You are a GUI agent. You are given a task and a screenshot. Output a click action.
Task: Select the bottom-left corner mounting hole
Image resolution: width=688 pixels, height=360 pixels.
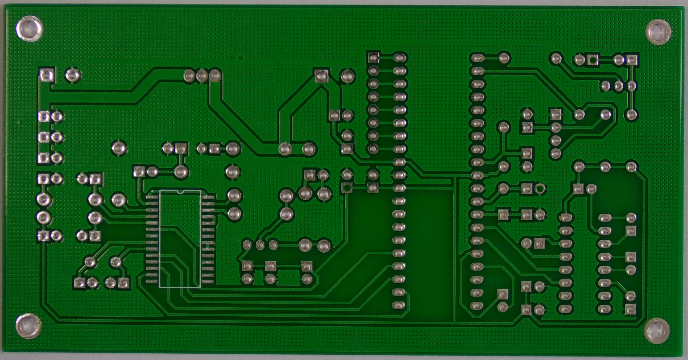pos(28,327)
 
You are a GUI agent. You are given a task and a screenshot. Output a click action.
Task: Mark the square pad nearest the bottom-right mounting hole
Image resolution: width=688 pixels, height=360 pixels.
pos(630,309)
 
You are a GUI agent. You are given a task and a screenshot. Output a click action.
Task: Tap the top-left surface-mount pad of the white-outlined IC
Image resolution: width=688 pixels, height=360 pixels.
pos(152,197)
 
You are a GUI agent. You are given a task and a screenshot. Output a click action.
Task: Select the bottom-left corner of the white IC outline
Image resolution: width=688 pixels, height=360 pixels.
pos(159,287)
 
